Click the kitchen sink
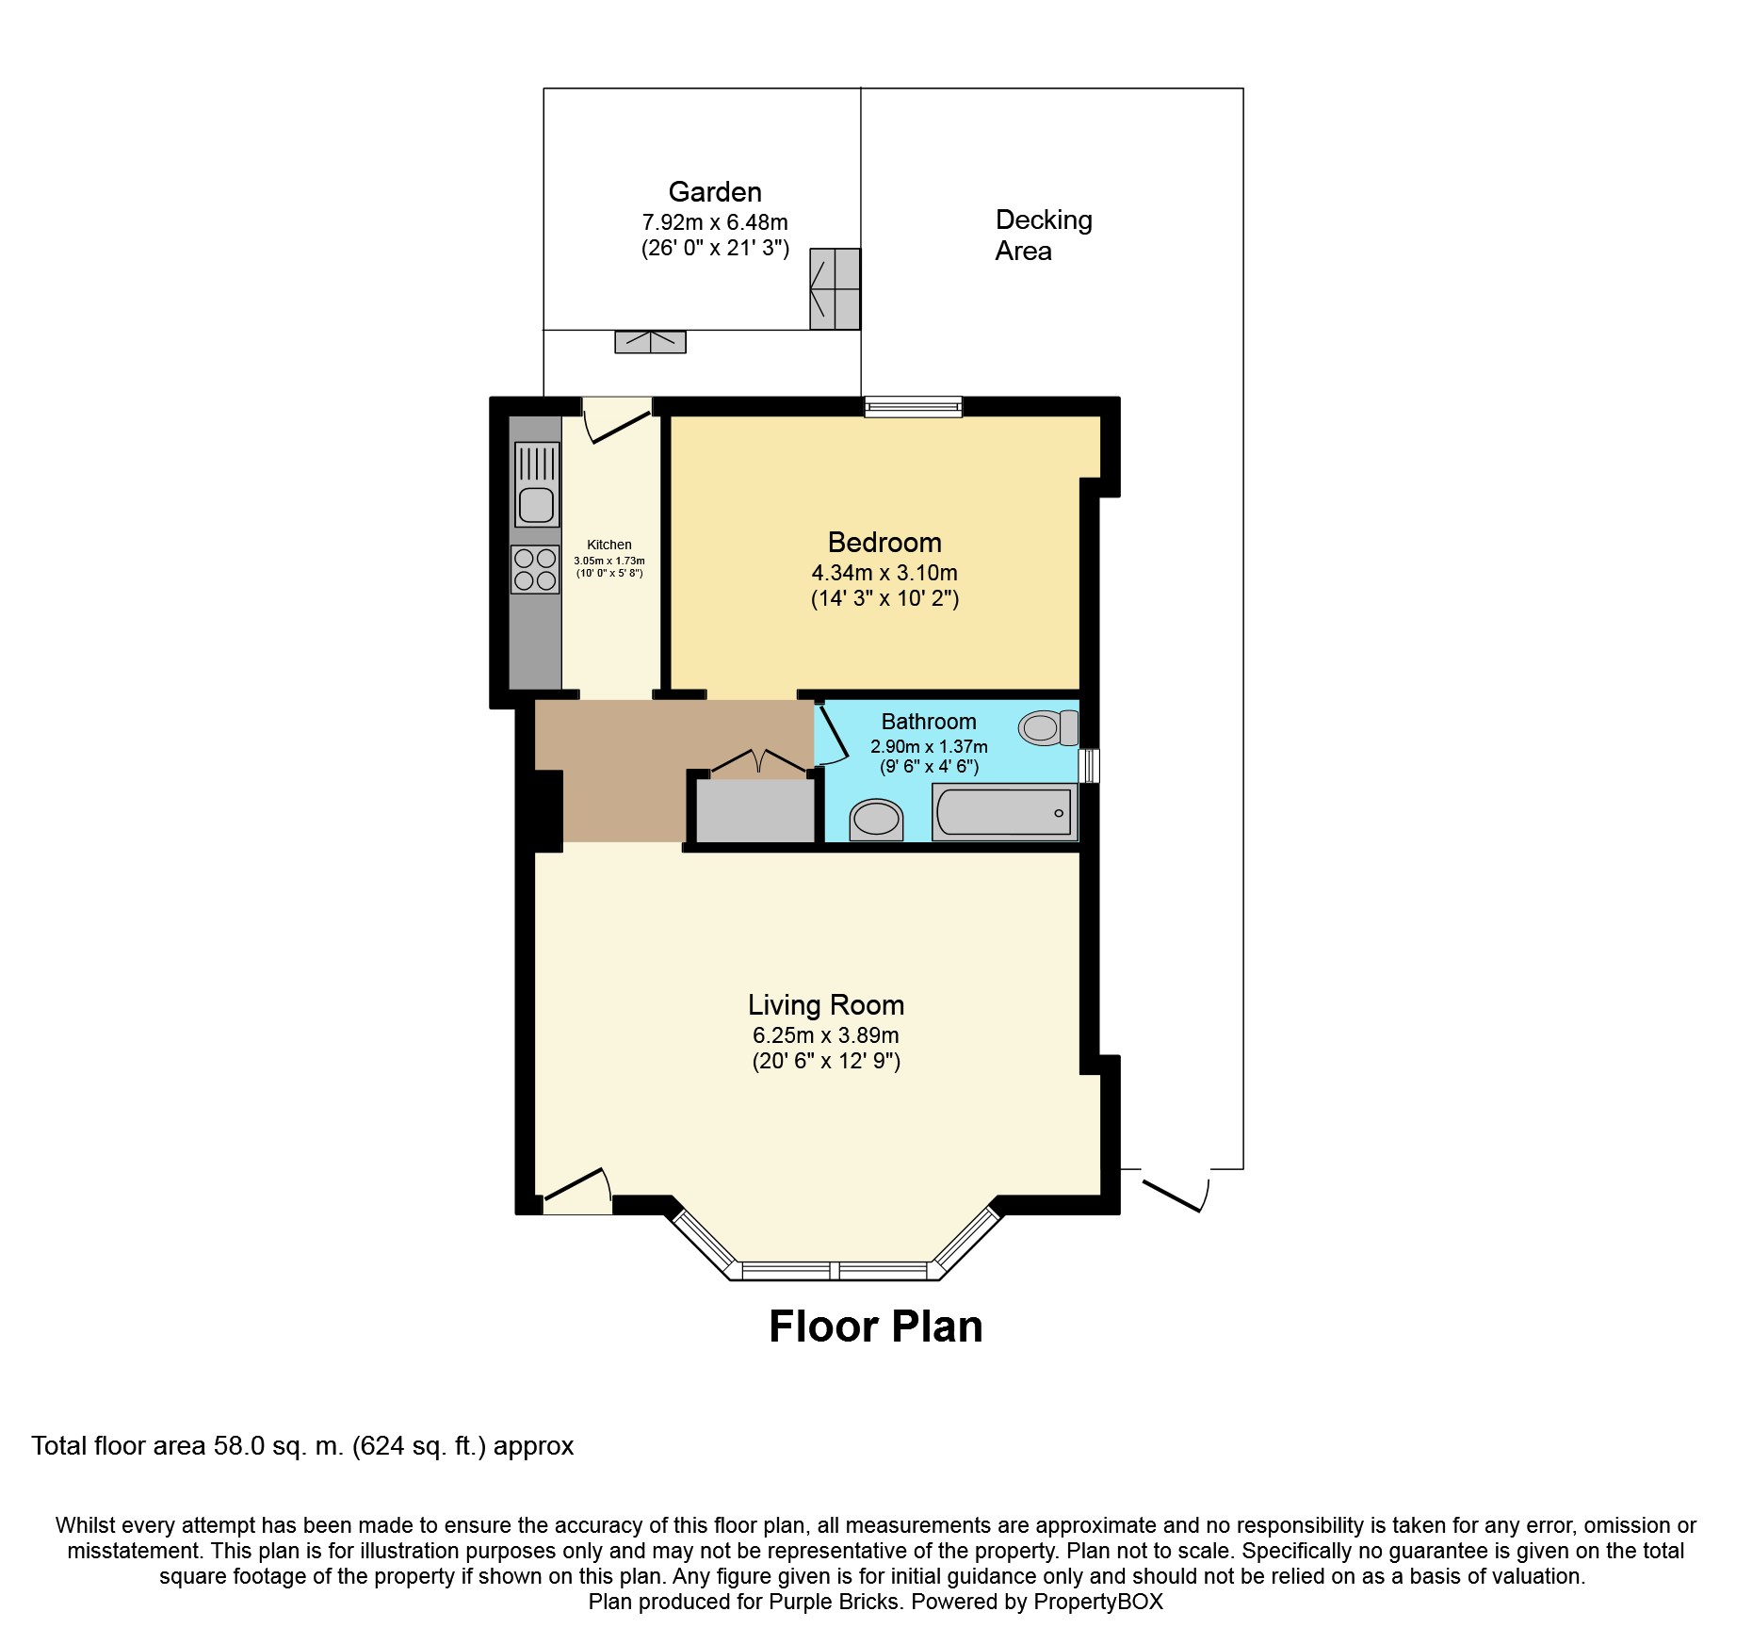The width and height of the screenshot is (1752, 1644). pyautogui.click(x=537, y=485)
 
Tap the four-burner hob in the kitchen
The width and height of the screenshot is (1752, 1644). pyautogui.click(x=535, y=570)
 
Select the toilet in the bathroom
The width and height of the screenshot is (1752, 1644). pyautogui.click(x=1048, y=727)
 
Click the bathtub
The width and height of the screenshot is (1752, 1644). pyautogui.click(x=1004, y=811)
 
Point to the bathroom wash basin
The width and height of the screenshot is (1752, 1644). pyautogui.click(x=876, y=820)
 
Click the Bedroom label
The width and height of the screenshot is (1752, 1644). pyautogui.click(x=884, y=543)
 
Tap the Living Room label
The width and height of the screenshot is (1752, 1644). pyautogui.click(x=826, y=1005)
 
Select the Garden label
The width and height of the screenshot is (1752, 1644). pyautogui.click(x=715, y=192)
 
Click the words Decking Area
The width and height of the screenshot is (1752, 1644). pyautogui.click(x=1044, y=236)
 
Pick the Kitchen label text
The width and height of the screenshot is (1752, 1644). pyautogui.click(x=609, y=545)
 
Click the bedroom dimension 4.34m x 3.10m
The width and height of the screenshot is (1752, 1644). pyautogui.click(x=884, y=573)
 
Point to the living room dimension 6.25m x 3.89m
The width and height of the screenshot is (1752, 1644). pyautogui.click(x=826, y=1035)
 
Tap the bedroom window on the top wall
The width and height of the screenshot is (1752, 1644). pyautogui.click(x=914, y=407)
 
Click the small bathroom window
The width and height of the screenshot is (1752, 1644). pyautogui.click(x=1089, y=765)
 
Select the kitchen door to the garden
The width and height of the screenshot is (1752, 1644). pyautogui.click(x=617, y=420)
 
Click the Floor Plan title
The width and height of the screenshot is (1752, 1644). pyautogui.click(x=876, y=1327)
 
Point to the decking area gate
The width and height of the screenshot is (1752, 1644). pyautogui.click(x=1176, y=1190)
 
